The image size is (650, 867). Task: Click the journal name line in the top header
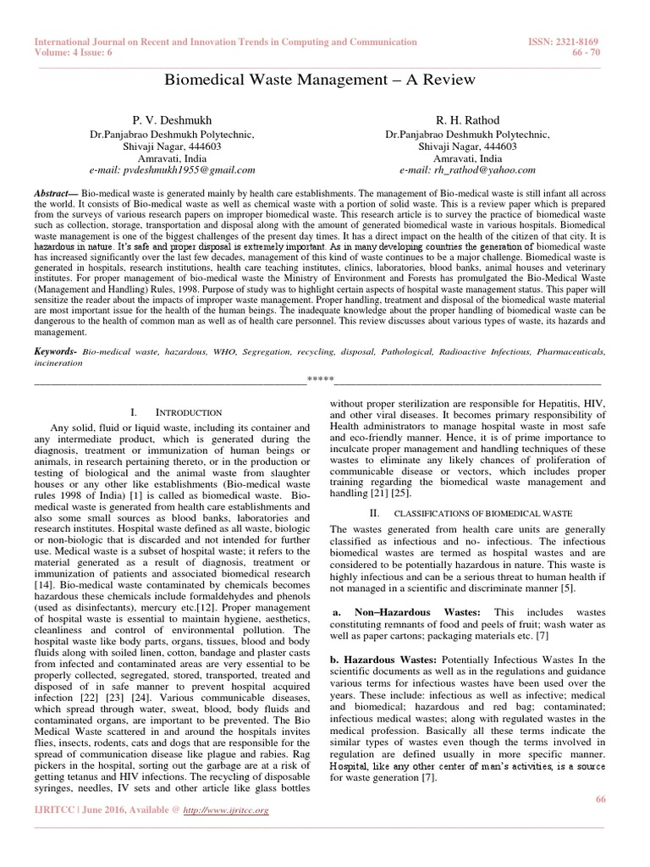225,41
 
